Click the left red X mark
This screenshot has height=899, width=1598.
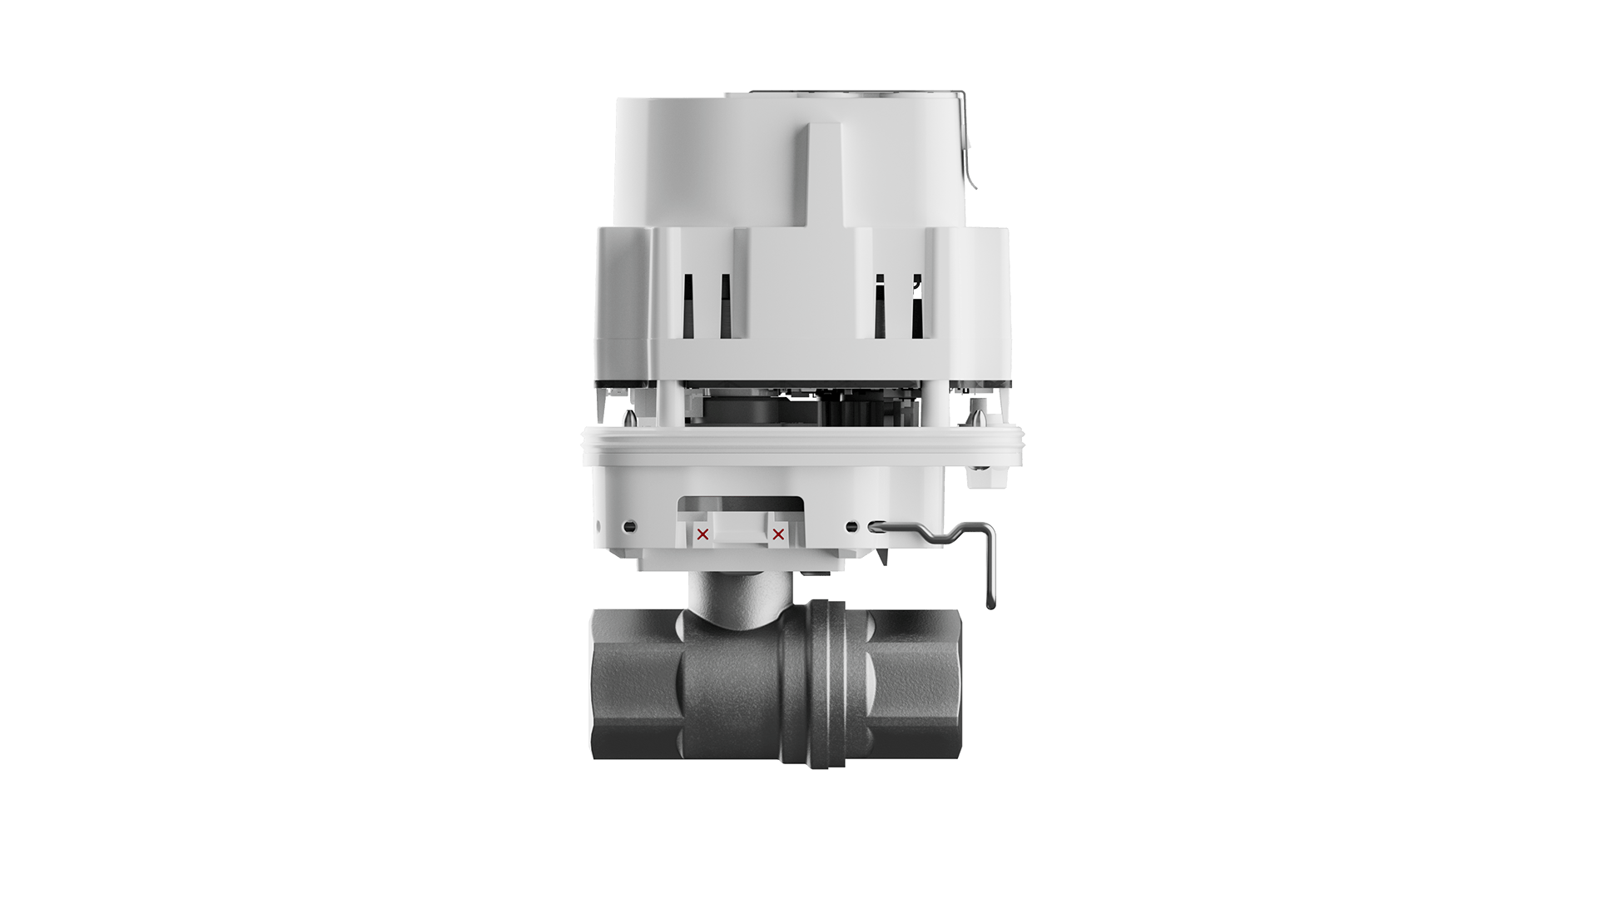(x=702, y=534)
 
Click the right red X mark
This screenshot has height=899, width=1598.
(x=778, y=534)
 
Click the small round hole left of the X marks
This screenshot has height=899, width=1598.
(x=630, y=526)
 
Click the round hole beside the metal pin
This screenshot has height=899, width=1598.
(x=851, y=526)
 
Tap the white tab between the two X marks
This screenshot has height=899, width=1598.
(x=740, y=528)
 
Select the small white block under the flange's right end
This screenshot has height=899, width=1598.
(x=982, y=477)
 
